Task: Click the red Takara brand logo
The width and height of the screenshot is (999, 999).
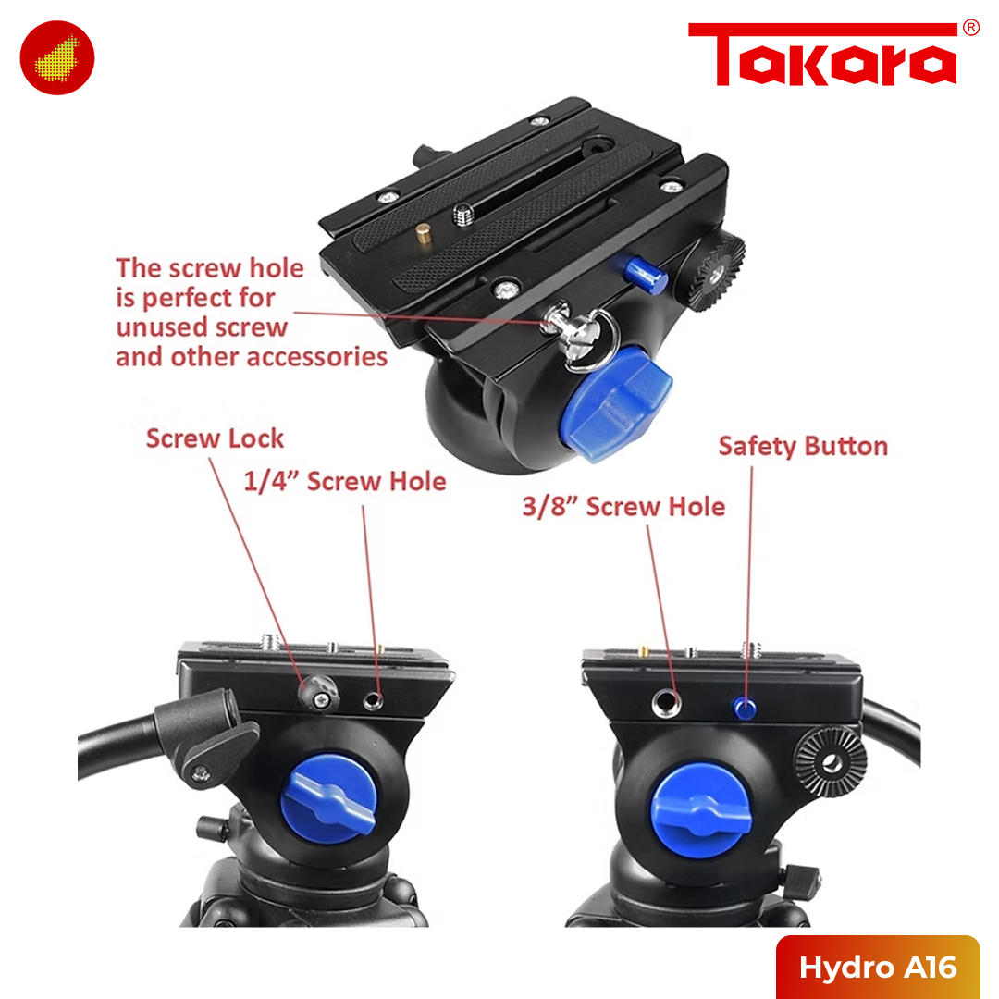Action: (821, 56)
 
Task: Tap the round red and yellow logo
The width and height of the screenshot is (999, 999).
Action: (56, 57)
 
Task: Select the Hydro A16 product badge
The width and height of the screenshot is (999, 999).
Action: (877, 968)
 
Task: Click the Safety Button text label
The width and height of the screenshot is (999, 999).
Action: (803, 446)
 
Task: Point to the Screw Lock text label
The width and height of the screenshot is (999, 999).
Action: (215, 438)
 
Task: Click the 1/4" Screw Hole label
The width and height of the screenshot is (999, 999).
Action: (344, 481)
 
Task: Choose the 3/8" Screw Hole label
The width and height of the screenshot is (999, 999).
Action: (623, 507)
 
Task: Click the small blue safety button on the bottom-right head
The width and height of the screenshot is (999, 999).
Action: (744, 709)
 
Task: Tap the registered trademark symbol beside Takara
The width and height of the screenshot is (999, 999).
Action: (970, 28)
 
